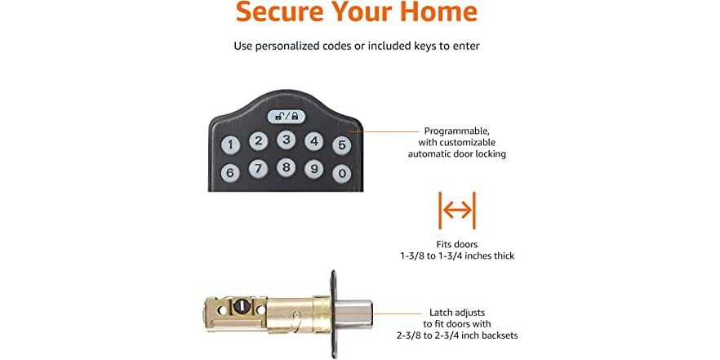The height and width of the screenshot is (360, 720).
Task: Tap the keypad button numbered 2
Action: [x=259, y=141]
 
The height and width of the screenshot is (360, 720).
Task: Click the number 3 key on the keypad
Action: [x=286, y=139]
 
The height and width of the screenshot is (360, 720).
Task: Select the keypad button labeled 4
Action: [x=313, y=141]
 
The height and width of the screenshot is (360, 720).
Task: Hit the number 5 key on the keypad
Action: [x=342, y=146]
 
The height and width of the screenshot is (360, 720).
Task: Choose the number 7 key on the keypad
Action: [x=259, y=169]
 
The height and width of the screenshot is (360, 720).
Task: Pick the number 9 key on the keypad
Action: [x=313, y=169]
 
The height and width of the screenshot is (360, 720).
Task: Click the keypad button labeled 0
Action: [x=342, y=173]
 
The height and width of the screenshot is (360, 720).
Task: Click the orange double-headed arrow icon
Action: [x=457, y=211]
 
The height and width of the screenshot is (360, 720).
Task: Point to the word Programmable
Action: [x=457, y=131]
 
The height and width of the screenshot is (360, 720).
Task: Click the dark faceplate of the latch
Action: [x=334, y=310]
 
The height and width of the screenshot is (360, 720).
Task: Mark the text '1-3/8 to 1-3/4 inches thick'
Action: [x=457, y=256]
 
